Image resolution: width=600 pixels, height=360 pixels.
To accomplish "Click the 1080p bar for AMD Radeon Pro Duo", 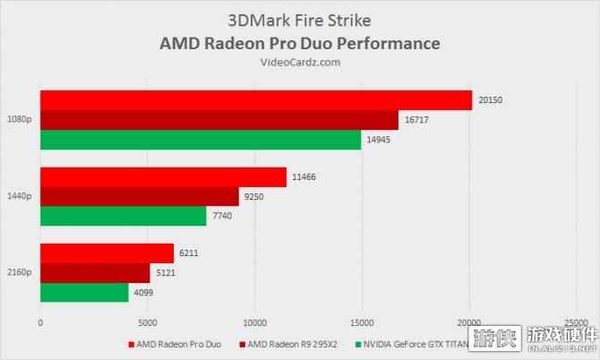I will (255, 100).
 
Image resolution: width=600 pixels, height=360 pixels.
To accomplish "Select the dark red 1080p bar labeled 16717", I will (219, 120).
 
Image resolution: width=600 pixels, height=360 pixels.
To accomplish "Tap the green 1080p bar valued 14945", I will (200, 140).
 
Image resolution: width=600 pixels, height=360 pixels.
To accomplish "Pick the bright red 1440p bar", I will (163, 177).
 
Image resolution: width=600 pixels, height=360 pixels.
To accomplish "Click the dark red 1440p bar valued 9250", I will (139, 196).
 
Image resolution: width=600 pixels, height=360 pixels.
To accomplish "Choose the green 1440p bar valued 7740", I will (123, 216).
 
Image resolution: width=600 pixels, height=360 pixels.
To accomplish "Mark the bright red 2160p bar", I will (107, 253).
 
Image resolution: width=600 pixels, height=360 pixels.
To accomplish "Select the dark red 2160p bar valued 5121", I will (95, 273).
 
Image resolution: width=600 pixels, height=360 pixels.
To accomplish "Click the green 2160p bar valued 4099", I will (84, 292).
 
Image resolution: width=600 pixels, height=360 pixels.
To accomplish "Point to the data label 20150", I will (491, 100).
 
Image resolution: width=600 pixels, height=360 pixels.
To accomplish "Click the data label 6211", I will (189, 253).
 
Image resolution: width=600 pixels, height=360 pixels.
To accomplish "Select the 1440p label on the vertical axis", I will (19, 196).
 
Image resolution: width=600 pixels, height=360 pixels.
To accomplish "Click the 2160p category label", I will (19, 273).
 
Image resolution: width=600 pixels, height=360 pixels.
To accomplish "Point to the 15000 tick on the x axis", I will (362, 321).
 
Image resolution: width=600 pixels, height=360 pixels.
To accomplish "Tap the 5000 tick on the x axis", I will (148, 321).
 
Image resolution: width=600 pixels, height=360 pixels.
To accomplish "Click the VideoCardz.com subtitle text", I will (300, 62).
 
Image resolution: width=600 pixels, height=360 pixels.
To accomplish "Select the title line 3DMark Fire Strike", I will (300, 21).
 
